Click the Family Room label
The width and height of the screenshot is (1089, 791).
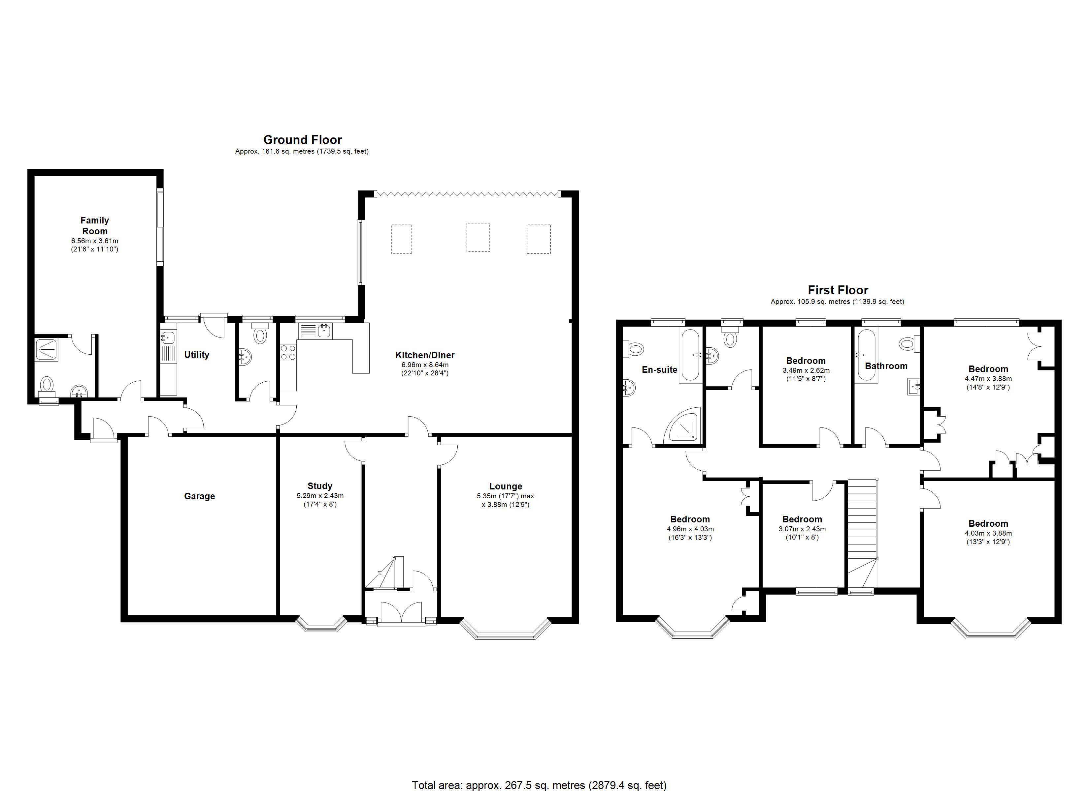95,225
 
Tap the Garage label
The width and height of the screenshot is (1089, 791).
199,496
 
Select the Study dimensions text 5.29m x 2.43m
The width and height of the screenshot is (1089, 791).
320,495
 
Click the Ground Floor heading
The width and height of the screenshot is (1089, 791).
303,140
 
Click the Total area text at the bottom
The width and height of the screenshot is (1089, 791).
539,785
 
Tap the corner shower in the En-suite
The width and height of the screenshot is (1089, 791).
684,426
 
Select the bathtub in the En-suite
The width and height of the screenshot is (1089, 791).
690,355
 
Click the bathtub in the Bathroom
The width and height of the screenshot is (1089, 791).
867,355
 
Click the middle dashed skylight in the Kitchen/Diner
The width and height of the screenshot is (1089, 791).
478,237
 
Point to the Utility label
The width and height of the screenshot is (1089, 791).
196,355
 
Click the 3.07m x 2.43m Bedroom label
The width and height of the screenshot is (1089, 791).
802,519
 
